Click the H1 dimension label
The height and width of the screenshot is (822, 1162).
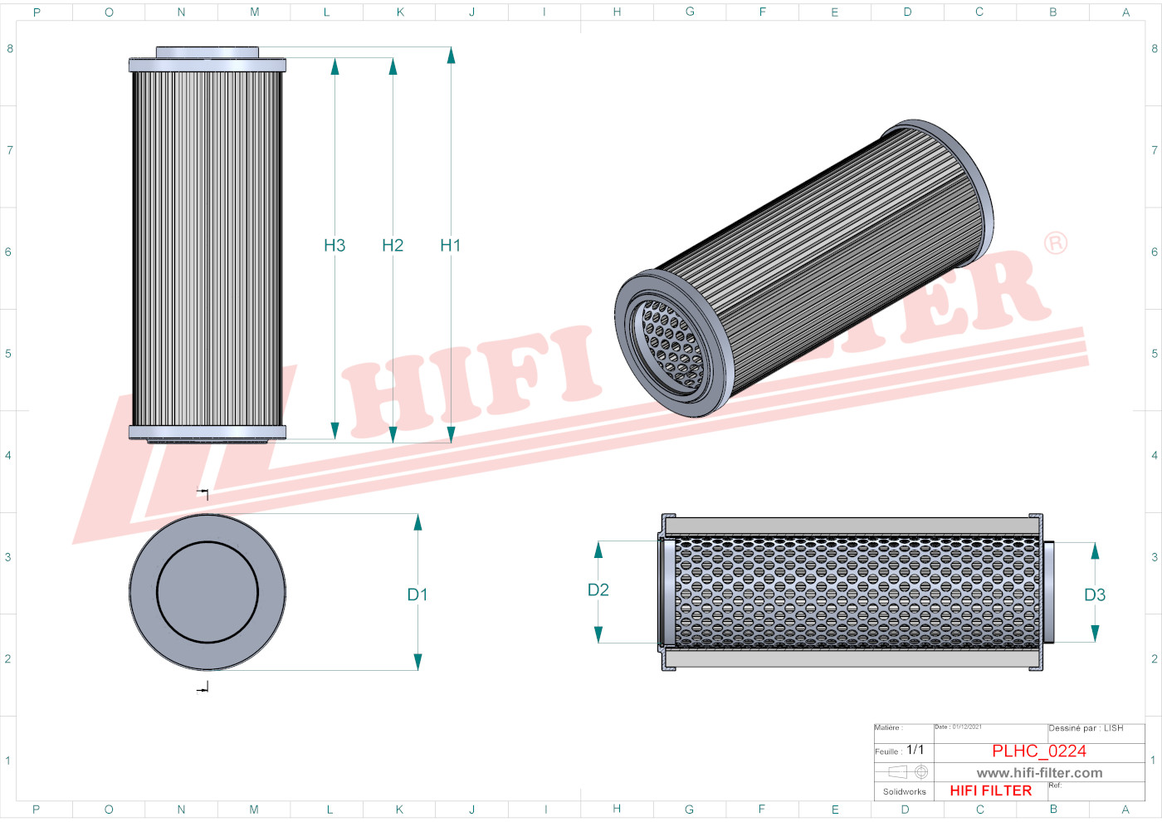[x=450, y=245]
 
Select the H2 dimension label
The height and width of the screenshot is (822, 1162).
[x=393, y=245]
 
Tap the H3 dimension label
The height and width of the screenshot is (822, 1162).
[x=334, y=245]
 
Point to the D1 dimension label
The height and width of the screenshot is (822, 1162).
[x=417, y=594]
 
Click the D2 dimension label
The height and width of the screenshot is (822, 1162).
[x=598, y=590]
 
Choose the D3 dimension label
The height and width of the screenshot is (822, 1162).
[x=1095, y=594]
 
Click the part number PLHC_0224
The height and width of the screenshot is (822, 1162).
[x=1038, y=751]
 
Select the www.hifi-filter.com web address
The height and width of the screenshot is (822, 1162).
[x=1039, y=773]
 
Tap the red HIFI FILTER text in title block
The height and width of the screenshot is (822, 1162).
[x=990, y=790]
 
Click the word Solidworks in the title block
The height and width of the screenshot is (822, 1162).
[x=904, y=791]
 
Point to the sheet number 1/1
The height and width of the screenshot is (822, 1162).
[x=915, y=750]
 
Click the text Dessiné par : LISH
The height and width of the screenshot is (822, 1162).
[x=1086, y=728]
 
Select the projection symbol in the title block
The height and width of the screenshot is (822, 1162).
[x=907, y=772]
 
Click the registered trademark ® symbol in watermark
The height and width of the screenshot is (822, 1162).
[x=1056, y=242]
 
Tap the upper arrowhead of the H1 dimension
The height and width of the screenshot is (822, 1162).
[x=451, y=55]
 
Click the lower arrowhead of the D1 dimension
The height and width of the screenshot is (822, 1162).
[x=417, y=662]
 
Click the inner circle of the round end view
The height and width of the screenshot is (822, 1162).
[x=207, y=593]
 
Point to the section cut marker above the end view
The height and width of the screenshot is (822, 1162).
[x=203, y=494]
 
